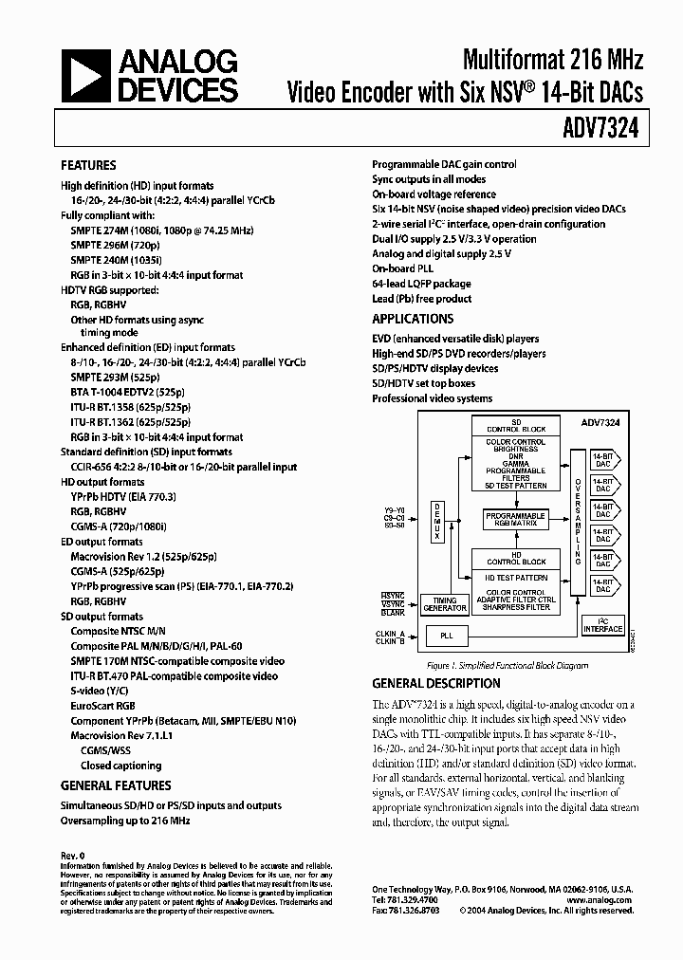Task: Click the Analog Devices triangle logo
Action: coord(83,77)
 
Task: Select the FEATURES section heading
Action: coord(88,165)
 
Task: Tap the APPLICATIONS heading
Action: coord(413,320)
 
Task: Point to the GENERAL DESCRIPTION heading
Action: coord(436,683)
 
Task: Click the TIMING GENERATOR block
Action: coord(444,605)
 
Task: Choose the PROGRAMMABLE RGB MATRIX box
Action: coord(516,518)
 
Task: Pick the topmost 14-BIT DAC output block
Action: coord(603,459)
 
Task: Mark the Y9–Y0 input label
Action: coord(394,510)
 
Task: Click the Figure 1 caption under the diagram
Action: coord(508,666)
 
